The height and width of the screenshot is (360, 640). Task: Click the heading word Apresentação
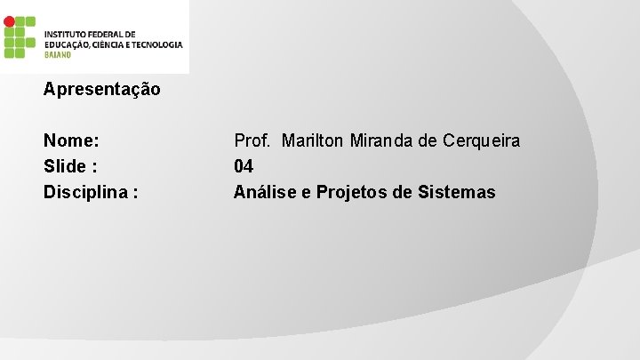tap(102, 90)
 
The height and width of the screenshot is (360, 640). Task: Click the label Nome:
tap(71, 140)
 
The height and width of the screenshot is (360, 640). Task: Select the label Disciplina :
tap(91, 192)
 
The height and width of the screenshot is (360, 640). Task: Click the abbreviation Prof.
tap(252, 140)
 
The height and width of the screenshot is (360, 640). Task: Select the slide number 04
tap(244, 166)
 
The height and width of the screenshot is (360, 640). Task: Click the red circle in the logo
tap(9, 20)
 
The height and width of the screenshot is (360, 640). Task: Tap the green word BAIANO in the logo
tap(58, 54)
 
